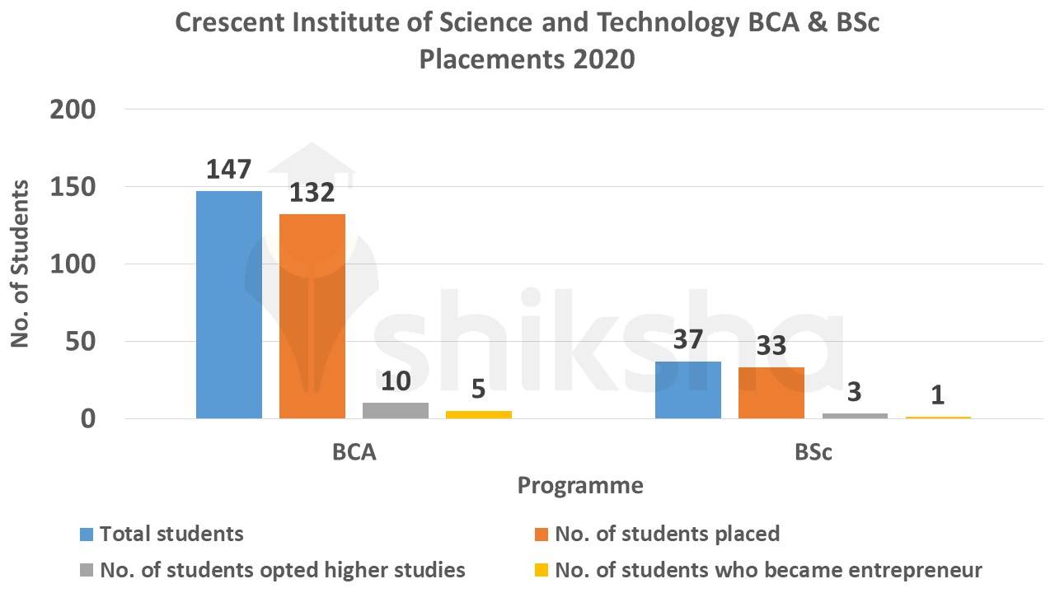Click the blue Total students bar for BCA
click(x=229, y=305)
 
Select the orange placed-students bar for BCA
click(x=312, y=316)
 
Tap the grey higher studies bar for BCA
click(x=396, y=410)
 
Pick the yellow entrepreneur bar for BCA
click(x=479, y=414)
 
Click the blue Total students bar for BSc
click(x=688, y=390)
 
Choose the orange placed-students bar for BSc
click(x=771, y=393)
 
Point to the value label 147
click(x=229, y=169)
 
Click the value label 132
click(x=312, y=193)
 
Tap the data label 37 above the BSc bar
click(x=688, y=339)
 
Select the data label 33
click(x=771, y=346)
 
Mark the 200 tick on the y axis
click(x=73, y=110)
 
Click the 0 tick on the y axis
click(x=88, y=419)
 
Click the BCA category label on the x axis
click(x=354, y=453)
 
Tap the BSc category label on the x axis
click(x=814, y=453)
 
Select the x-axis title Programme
click(x=580, y=486)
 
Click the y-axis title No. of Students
click(x=20, y=264)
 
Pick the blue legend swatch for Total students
click(x=87, y=534)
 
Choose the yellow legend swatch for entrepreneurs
click(x=542, y=570)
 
